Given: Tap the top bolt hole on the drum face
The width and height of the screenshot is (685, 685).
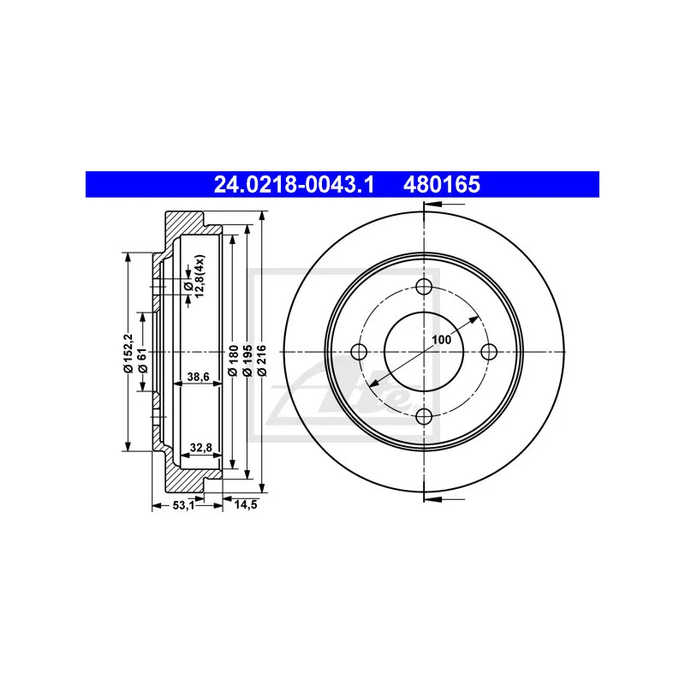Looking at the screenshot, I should pos(424,288).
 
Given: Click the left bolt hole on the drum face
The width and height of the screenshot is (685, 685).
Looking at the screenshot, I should pos(359,352).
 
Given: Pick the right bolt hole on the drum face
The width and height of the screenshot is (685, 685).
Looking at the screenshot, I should pos(489,352).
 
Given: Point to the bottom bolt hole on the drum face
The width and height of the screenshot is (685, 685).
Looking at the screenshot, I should pos(424,417).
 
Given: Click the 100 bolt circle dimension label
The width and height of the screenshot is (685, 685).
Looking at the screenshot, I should pos(441,339).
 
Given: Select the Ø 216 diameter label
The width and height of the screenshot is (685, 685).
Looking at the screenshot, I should pos(262,363).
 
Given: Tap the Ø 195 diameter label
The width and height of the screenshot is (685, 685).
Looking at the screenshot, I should pos(247,363).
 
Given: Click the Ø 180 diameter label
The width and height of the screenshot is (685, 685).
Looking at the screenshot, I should pos(231,363).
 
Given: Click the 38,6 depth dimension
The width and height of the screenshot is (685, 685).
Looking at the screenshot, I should pos(199,376).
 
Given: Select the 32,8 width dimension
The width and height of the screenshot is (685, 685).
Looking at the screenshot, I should pos(201,447).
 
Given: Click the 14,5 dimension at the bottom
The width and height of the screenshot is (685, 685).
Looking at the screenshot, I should pos(246,505).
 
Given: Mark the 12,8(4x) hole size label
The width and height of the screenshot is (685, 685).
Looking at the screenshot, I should pos(194,277).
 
